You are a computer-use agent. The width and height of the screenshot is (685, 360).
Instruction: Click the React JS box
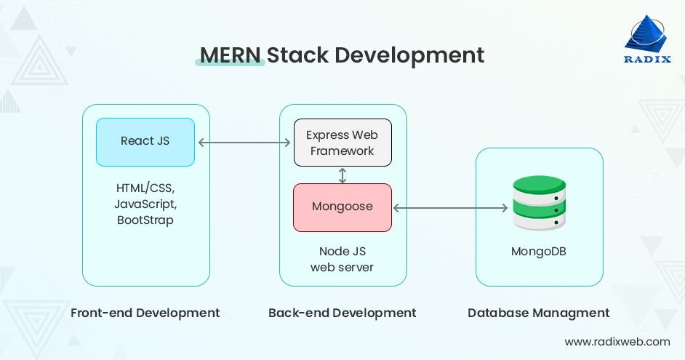[145, 142]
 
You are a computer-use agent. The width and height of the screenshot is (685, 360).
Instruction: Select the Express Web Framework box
[342, 143]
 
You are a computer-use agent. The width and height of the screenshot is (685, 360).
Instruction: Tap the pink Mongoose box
[342, 207]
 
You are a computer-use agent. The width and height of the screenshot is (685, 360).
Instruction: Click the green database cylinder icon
[539, 203]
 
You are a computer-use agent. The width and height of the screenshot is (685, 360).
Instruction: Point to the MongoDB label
[539, 252]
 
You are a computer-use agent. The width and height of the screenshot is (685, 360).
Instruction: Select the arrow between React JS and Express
[244, 143]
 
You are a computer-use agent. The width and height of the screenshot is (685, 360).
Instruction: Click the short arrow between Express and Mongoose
[342, 175]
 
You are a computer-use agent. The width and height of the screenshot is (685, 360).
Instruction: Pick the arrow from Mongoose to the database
[450, 208]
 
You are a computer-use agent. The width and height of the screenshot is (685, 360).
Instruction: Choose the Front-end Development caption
[145, 313]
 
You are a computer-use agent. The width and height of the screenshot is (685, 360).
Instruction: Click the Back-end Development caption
[342, 313]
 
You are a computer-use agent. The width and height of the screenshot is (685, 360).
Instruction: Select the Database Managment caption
[539, 313]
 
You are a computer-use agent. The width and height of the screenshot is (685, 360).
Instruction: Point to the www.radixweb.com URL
[617, 341]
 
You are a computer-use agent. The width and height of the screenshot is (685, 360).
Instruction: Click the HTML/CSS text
[145, 188]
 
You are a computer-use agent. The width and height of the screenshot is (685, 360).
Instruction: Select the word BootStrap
[145, 220]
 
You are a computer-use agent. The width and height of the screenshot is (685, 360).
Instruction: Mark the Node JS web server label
[342, 259]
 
